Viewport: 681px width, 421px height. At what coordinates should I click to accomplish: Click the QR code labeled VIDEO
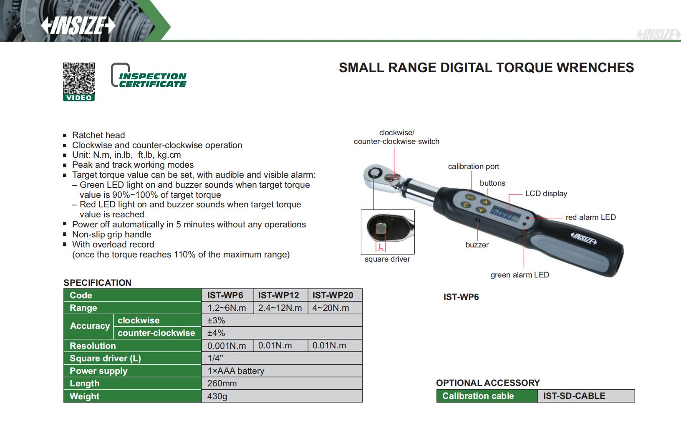(79, 79)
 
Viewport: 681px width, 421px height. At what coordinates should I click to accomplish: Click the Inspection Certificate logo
(149, 76)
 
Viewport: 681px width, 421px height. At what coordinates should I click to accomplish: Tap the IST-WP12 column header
(279, 295)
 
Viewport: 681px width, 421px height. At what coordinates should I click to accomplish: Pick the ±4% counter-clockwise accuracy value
(216, 333)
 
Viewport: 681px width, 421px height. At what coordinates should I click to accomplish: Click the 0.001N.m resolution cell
(227, 345)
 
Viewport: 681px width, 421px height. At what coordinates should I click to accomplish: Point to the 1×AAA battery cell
(236, 371)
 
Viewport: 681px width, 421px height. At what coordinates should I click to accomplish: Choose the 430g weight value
(217, 396)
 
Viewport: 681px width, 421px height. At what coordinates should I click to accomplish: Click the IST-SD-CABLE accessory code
(574, 396)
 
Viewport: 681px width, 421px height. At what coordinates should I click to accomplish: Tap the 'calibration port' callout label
(474, 166)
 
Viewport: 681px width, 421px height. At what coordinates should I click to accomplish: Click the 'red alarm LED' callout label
(590, 217)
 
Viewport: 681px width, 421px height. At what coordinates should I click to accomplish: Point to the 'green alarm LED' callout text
(520, 275)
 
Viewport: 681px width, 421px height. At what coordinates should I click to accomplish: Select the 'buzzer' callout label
(477, 245)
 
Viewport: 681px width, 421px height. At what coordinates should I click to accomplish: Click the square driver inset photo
(388, 232)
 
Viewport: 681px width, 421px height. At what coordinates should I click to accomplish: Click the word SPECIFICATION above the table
(97, 282)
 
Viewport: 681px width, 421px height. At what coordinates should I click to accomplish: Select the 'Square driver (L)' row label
(105, 358)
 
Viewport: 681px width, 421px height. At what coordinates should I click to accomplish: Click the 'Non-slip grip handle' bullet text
(111, 234)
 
